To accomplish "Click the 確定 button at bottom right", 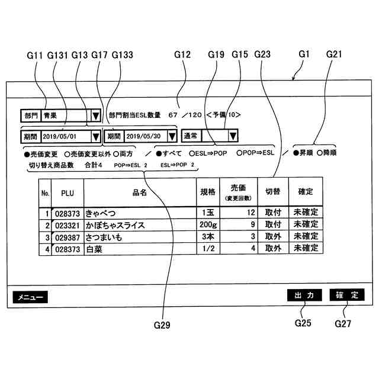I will (346, 295).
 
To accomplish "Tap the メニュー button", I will (28, 296).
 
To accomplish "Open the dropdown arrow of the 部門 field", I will (94, 115).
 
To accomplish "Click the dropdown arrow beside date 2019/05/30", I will (172, 136).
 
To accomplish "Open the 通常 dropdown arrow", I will (233, 136).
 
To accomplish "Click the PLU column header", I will (68, 192).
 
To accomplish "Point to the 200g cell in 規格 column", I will (208, 225).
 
